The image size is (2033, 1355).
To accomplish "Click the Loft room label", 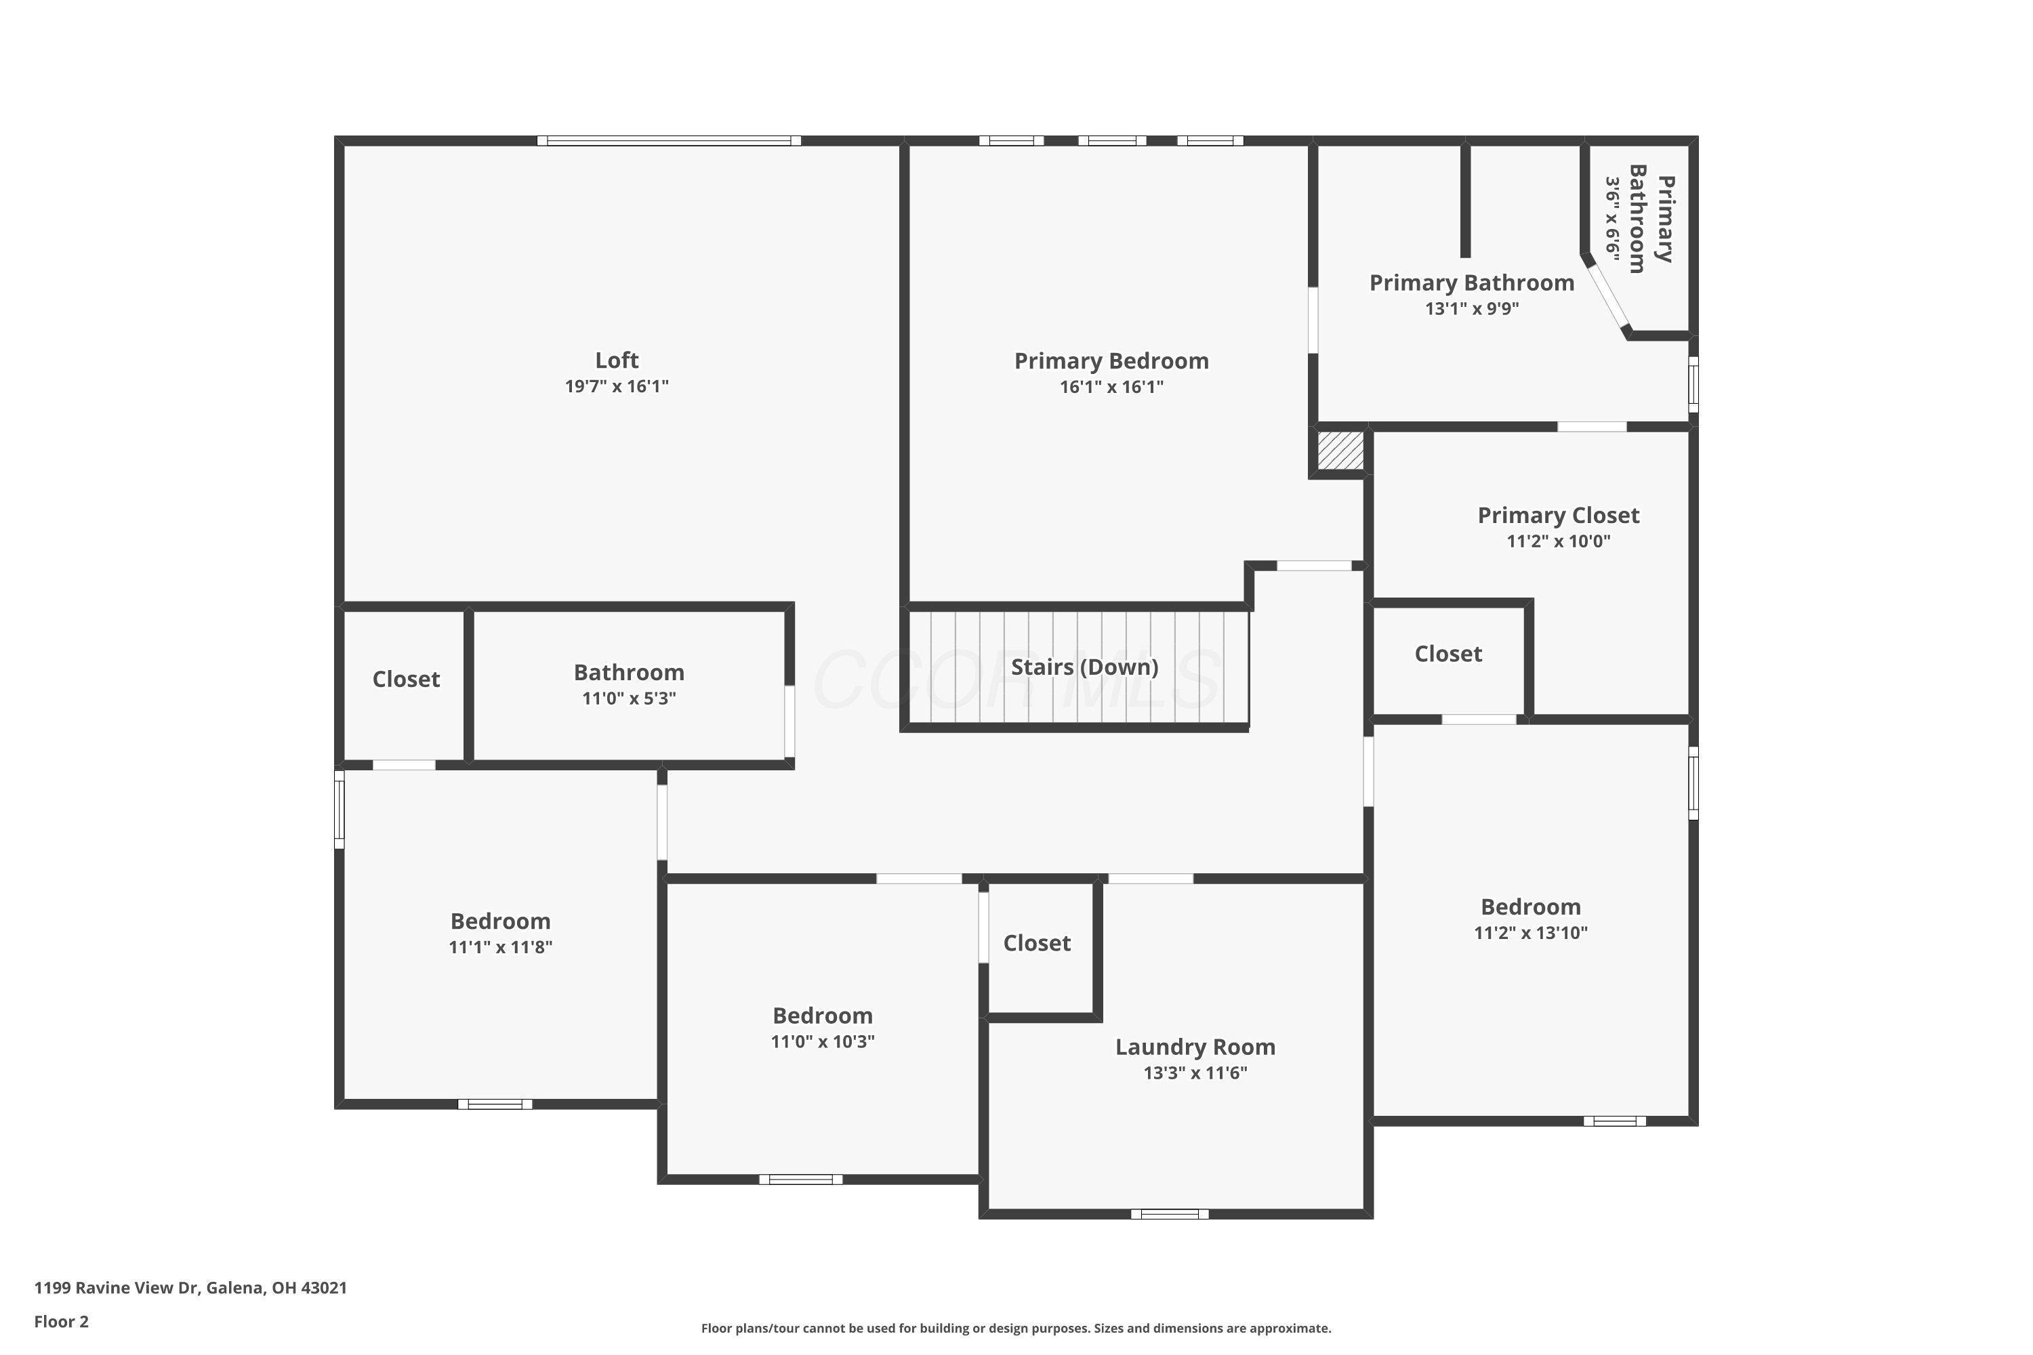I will coord(616,360).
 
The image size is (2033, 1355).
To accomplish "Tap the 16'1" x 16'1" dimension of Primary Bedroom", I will coord(1111,387).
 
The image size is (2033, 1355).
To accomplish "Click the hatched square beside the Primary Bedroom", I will coord(1340,451).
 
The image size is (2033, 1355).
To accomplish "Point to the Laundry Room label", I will coord(1195,1047).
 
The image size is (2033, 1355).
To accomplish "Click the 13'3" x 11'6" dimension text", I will coord(1195,1073).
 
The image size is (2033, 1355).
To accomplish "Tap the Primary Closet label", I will coord(1557,516).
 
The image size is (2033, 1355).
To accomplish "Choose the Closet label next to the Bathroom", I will coord(405,680).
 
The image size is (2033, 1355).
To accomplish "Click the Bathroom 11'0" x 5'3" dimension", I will coord(628,699).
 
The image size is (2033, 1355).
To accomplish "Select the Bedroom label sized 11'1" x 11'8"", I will coord(499,921).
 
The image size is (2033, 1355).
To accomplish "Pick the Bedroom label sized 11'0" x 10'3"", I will coord(822,1016).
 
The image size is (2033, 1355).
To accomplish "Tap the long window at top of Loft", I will coord(668,141).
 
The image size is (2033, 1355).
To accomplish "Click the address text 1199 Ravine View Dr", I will coord(190,1288).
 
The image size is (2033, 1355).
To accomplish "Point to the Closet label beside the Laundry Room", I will coord(1036,943).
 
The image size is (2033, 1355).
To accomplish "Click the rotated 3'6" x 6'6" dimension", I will coord(1612,217).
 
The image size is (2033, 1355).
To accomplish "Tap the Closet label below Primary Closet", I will coord(1447,654).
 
